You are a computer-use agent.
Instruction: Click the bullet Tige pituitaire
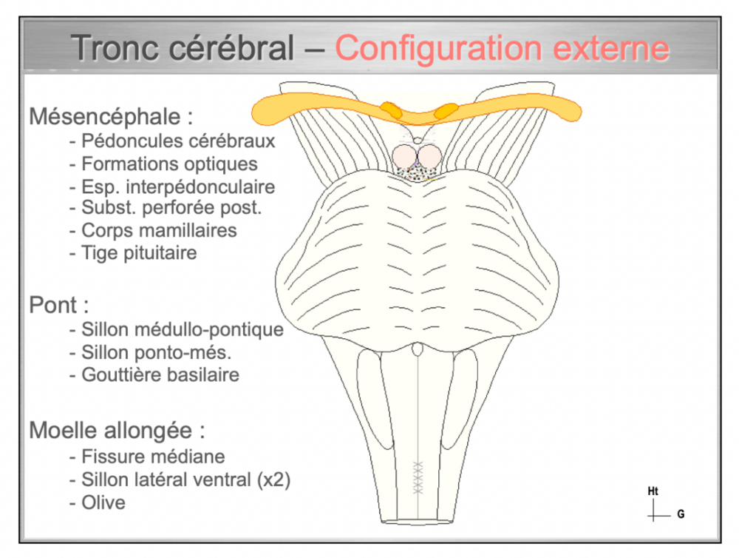click(133, 253)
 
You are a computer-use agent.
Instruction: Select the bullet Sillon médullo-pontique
click(176, 329)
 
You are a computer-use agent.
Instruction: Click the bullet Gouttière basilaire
click(154, 374)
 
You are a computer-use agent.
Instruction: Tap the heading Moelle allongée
click(117, 430)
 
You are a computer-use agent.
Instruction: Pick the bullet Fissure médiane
click(146, 457)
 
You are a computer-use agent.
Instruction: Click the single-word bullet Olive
click(98, 502)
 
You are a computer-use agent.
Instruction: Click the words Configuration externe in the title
click(503, 49)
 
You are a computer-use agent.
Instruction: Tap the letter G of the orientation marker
click(681, 514)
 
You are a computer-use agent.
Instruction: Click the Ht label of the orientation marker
click(653, 491)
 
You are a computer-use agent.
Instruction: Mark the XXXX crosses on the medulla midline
click(418, 478)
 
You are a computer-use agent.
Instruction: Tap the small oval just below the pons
click(418, 349)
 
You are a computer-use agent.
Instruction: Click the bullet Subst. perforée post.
click(165, 208)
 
